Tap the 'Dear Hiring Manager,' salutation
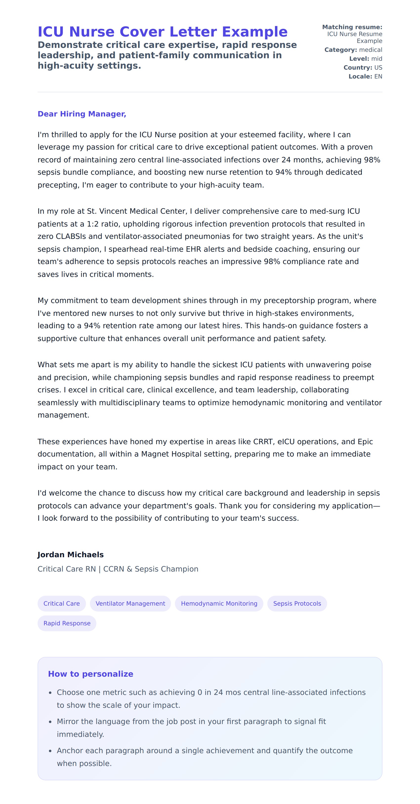(82, 114)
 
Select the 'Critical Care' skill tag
(62, 603)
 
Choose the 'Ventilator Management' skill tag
(130, 603)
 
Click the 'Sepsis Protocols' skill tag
(297, 603)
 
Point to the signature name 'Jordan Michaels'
(70, 554)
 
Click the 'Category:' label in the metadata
(340, 50)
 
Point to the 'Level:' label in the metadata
(359, 59)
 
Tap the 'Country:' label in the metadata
(357, 67)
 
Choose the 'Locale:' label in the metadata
(360, 77)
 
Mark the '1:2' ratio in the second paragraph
(93, 224)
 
